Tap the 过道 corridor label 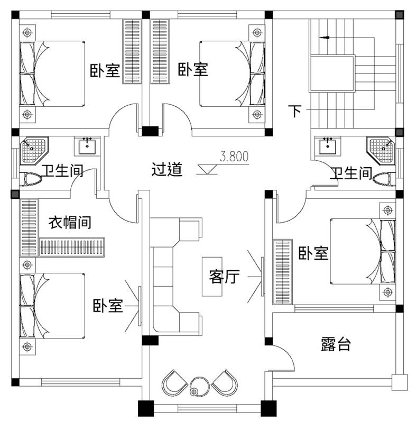167,170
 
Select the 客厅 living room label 225,276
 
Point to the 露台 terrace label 336,345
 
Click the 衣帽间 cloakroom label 70,222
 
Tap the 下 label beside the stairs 295,111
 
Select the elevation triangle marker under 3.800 207,169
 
